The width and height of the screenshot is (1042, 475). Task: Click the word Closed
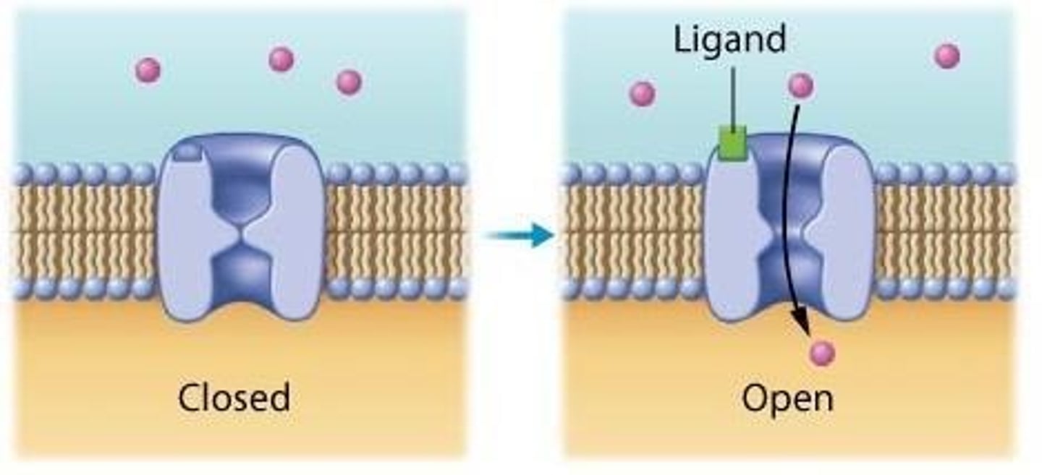pyautogui.click(x=234, y=398)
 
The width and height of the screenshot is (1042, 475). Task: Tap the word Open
pyautogui.click(x=787, y=398)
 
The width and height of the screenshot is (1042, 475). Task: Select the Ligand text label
pyautogui.click(x=729, y=39)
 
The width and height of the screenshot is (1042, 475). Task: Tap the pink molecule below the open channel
pyautogui.click(x=822, y=354)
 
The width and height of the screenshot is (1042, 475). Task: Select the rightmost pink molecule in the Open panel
pyautogui.click(x=946, y=56)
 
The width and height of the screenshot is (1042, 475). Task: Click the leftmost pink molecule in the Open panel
pyautogui.click(x=642, y=93)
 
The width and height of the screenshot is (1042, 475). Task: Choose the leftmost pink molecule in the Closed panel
pyautogui.click(x=148, y=70)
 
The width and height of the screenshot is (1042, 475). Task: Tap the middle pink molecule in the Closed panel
pyautogui.click(x=281, y=59)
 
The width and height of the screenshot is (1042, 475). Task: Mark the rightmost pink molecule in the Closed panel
pyautogui.click(x=349, y=82)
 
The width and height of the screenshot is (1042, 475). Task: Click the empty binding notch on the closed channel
pyautogui.click(x=188, y=151)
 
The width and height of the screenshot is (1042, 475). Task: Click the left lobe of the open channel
pyautogui.click(x=731, y=239)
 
